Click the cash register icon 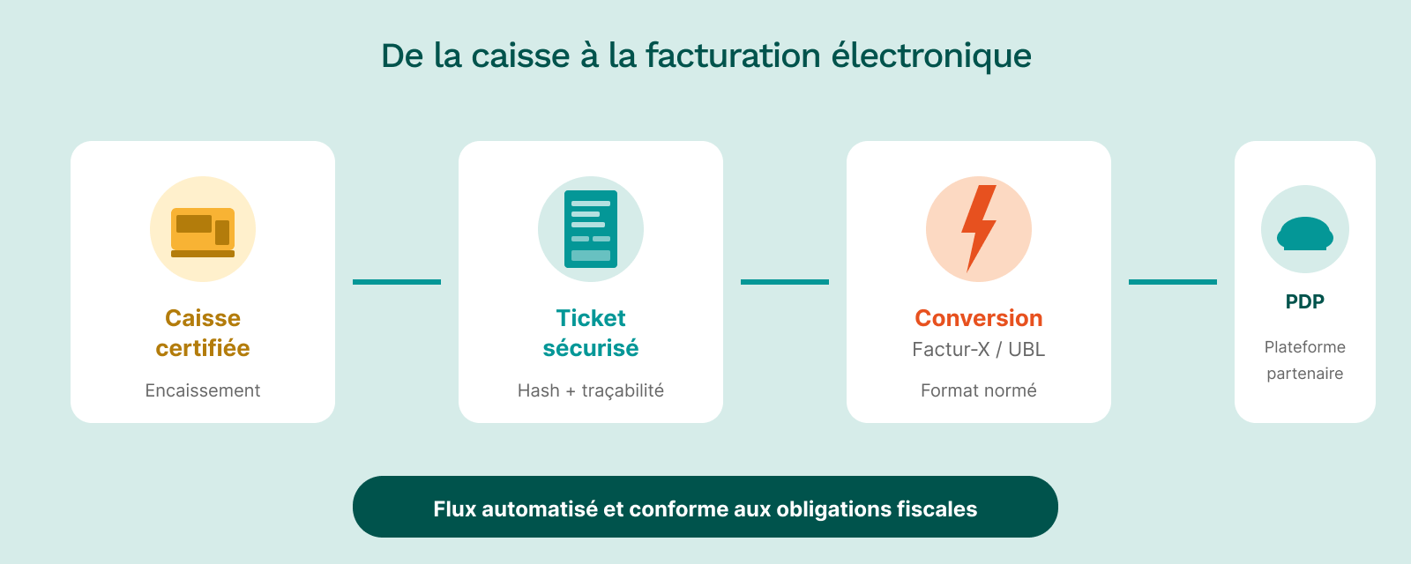203,231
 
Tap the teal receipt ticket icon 591,229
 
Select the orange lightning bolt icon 979,228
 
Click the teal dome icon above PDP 1305,234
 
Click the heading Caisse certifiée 203,333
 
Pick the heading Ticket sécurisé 591,333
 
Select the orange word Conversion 979,318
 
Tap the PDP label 1305,301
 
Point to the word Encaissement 203,390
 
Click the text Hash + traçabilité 591,390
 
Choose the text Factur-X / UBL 979,350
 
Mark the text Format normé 979,390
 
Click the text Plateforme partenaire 1305,360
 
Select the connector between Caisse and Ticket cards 397,282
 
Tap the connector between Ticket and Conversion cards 785,282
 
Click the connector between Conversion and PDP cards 1173,282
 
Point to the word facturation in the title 733,56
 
